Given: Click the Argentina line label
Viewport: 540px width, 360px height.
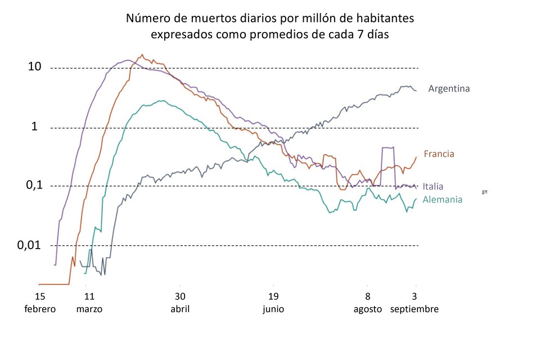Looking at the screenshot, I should click(x=448, y=88).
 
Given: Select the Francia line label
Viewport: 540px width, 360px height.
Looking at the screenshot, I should click(x=439, y=154).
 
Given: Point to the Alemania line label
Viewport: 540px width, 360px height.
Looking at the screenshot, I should click(x=442, y=199).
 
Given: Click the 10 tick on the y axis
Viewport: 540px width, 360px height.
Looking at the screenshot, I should click(x=35, y=66).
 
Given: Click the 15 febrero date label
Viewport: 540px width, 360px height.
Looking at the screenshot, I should click(x=39, y=303).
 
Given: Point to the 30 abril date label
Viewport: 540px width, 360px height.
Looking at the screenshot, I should click(x=179, y=303).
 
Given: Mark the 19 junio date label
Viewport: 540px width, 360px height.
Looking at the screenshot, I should click(x=273, y=303).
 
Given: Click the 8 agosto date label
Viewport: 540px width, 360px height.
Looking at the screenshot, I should click(x=368, y=303).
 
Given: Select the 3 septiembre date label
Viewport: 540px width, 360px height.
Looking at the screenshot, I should click(x=415, y=303).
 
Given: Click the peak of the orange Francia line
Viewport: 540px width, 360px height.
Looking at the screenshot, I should click(x=142, y=55).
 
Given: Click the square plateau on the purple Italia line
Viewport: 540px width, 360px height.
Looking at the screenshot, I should click(x=387, y=148).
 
